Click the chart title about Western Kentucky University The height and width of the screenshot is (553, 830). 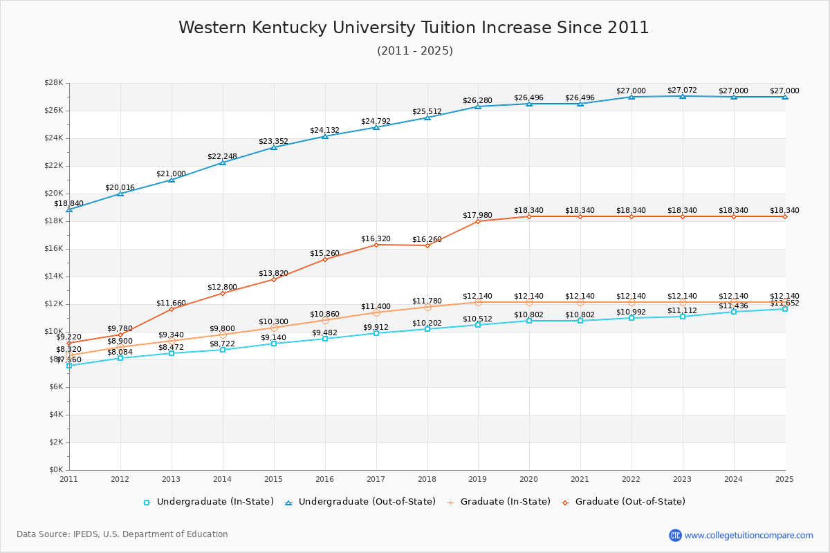[414, 28]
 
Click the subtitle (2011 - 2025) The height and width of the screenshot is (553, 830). [414, 51]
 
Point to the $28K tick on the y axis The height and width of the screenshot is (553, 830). [54, 83]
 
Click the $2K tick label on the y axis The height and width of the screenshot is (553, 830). [56, 442]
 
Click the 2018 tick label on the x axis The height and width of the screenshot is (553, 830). [427, 479]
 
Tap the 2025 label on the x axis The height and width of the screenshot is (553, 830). [784, 479]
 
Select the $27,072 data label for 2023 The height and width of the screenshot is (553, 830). [682, 91]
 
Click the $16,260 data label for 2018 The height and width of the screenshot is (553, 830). [427, 240]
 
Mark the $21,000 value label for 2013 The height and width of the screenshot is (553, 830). [171, 174]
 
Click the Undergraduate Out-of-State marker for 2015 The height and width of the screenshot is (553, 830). [273, 147]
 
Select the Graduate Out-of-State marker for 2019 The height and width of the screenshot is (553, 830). [478, 221]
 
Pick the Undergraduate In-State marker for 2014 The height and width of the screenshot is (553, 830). [222, 350]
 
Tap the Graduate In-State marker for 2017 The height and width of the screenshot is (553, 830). [376, 312]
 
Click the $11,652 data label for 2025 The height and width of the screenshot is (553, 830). [784, 303]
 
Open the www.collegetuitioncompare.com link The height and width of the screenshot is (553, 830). [748, 535]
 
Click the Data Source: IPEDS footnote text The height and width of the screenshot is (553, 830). [122, 534]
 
